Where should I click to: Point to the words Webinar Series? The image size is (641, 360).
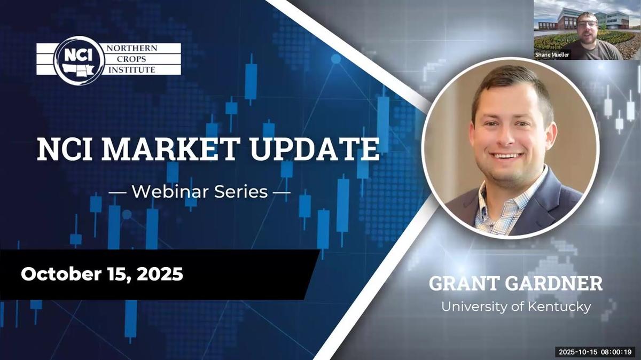(x=199, y=191)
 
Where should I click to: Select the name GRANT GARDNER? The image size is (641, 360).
(x=515, y=284)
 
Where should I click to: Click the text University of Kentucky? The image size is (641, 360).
(x=515, y=307)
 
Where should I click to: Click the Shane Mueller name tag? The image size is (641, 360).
(x=552, y=54)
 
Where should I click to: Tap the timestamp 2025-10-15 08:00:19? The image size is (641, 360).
(x=595, y=352)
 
